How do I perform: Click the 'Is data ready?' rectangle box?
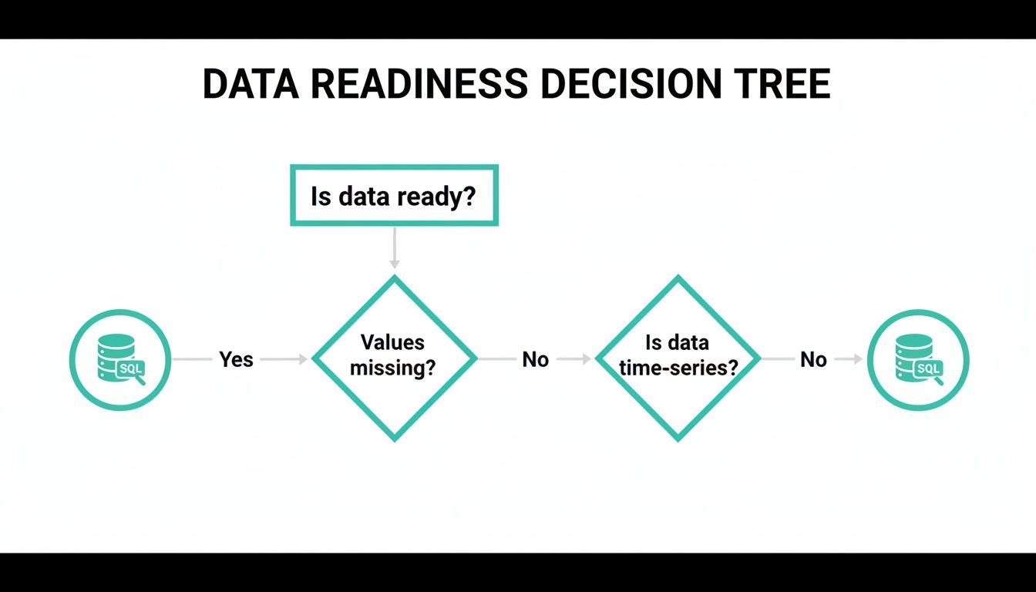coord(394,196)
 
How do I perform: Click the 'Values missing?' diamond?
coord(394,358)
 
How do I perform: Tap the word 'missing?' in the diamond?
coord(393,368)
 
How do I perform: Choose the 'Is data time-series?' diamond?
coord(678,358)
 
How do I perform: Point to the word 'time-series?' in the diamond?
coord(678,368)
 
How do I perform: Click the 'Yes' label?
coord(236,359)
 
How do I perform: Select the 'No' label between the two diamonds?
coord(536,359)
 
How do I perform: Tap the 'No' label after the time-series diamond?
coord(813,359)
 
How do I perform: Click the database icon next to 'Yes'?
coord(120,359)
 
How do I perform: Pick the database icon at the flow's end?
coord(918,359)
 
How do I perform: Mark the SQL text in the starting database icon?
coord(130,369)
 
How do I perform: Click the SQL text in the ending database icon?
coord(928,369)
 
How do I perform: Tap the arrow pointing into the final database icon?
coord(849,359)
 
